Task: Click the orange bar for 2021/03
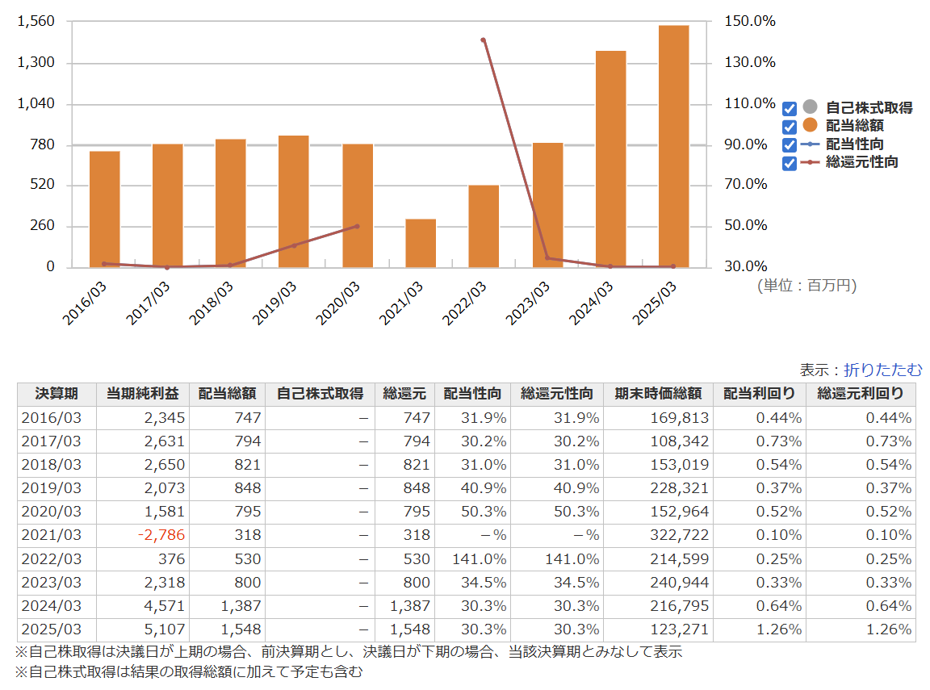[x=421, y=243]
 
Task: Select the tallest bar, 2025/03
[x=674, y=146]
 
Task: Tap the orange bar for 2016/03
[x=105, y=209]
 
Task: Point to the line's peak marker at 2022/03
[x=484, y=40]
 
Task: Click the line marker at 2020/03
[x=357, y=227]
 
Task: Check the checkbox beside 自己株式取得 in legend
[x=790, y=108]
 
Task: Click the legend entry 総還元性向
[x=862, y=162]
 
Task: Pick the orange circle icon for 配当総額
[x=810, y=125]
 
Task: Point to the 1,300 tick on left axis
[x=36, y=62]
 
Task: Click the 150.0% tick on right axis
[x=750, y=21]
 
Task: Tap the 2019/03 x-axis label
[x=274, y=303]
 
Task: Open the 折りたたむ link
[x=883, y=370]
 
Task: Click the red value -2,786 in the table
[x=161, y=535]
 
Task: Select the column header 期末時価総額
[x=659, y=394]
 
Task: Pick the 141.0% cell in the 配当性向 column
[x=480, y=559]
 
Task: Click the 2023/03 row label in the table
[x=52, y=583]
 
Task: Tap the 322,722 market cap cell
[x=680, y=535]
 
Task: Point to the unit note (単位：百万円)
[x=807, y=286]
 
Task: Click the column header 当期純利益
[x=142, y=394]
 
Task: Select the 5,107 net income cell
[x=165, y=629]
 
